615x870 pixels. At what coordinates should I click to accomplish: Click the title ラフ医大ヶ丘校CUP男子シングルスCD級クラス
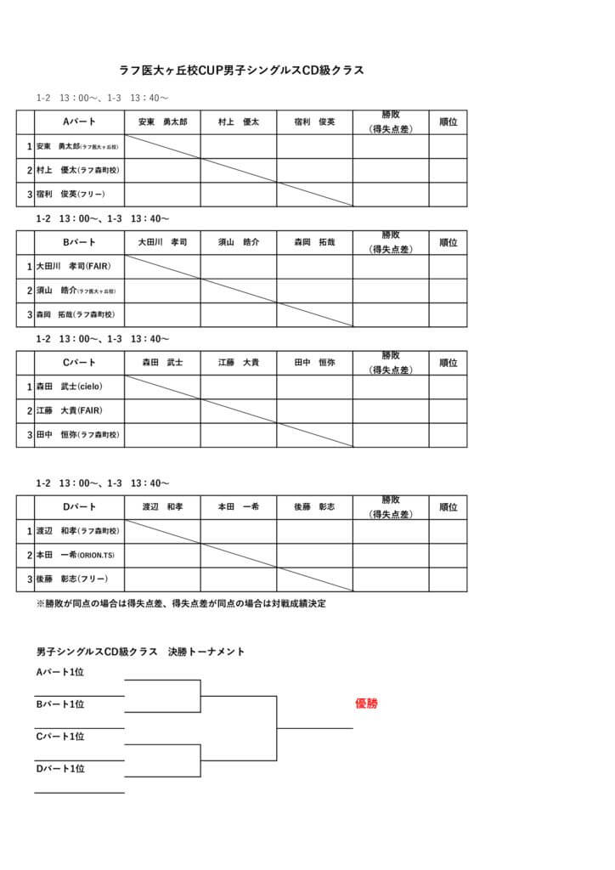[241, 71]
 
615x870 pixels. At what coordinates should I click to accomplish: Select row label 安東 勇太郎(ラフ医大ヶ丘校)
[76, 147]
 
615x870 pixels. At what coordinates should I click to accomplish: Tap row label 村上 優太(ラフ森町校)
[76, 171]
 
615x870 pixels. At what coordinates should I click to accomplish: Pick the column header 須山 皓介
[238, 243]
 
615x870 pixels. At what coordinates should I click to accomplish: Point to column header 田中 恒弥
[314, 363]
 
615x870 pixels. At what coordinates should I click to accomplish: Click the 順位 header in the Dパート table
[448, 507]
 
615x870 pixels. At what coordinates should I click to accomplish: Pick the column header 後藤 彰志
[314, 507]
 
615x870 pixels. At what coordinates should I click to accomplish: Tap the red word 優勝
[366, 703]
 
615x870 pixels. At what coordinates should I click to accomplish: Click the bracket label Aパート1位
[59, 672]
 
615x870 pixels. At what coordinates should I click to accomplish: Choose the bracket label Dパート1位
[59, 768]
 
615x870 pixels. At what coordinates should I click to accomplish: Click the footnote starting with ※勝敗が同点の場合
[181, 604]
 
